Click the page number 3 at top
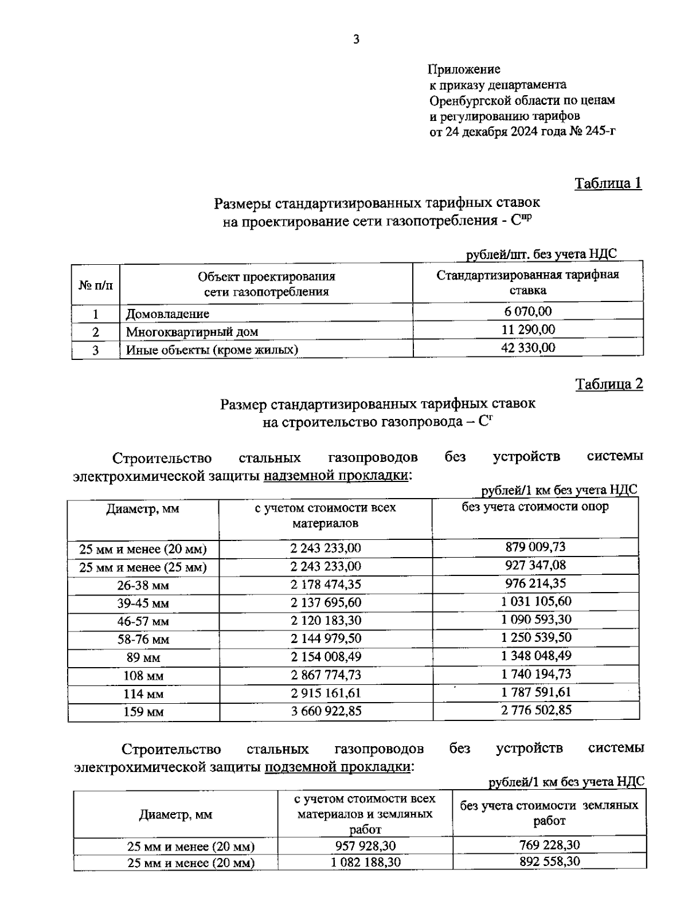coord(356,40)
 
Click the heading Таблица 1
coord(608,183)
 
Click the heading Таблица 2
coord(609,384)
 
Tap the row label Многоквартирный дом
coord(192,332)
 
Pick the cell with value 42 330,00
coord(528,348)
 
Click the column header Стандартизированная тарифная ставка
coord(528,282)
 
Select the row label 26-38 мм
coord(143,586)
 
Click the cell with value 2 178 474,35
coord(326,585)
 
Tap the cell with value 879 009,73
coord(535,547)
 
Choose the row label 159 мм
coord(143,712)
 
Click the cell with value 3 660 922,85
coord(326,711)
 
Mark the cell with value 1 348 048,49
coord(535,656)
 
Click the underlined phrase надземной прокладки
coord(336,476)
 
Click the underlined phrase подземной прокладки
coord(337,767)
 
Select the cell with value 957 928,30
coord(365,845)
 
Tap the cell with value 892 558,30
coord(549,861)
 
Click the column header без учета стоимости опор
coord(535,507)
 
